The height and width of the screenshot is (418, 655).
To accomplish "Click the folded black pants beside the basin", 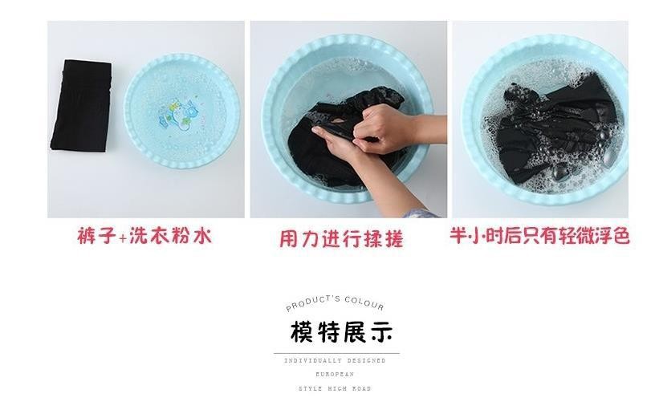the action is pyautogui.click(x=81, y=105).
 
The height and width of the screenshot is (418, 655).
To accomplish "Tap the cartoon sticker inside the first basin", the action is pyautogui.click(x=177, y=113).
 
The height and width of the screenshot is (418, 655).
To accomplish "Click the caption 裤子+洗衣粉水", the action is pyautogui.click(x=144, y=236).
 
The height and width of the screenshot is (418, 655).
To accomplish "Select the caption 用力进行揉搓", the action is pyautogui.click(x=341, y=239).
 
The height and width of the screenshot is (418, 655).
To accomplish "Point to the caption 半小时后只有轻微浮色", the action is pyautogui.click(x=539, y=236).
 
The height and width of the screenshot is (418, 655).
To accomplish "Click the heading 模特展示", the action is pyautogui.click(x=341, y=332).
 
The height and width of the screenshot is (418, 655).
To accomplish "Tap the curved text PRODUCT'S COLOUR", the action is pyautogui.click(x=335, y=302).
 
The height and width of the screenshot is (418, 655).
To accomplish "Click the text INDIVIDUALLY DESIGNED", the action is pyautogui.click(x=335, y=360).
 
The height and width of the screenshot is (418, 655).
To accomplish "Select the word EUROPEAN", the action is pyautogui.click(x=335, y=374).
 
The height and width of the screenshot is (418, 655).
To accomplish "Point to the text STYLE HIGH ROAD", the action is pyautogui.click(x=335, y=388).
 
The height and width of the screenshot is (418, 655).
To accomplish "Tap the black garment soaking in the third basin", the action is pyautogui.click(x=555, y=128).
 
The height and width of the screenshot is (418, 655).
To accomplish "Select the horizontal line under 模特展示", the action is pyautogui.click(x=336, y=353).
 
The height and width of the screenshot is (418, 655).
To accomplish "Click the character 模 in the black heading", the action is pyautogui.click(x=302, y=332).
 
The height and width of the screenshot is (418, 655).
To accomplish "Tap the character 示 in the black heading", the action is pyautogui.click(x=381, y=332).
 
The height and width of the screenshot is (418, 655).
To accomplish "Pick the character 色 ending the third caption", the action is pyautogui.click(x=621, y=237).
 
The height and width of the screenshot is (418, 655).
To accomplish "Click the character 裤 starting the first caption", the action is pyautogui.click(x=87, y=236).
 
